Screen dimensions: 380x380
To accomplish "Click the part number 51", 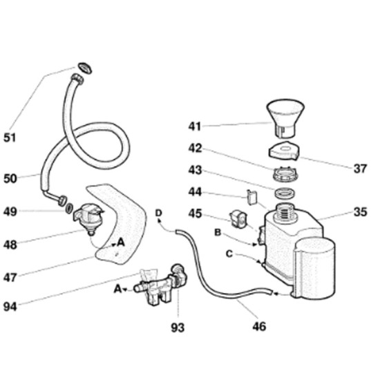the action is pos(10,138).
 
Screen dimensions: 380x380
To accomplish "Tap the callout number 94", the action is pos(10,306).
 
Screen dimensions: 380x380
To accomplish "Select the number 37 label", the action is pos(361,169).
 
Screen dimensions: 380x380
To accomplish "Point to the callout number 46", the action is pos(259,326).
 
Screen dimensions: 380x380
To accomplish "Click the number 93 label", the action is pos(178,327).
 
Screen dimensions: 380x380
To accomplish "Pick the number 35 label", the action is pos(361,212).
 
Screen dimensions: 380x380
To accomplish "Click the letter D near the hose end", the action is pos(158,213).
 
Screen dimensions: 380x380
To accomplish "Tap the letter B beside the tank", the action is pos(218,233).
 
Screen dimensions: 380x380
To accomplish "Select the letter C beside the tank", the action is pos(229,254).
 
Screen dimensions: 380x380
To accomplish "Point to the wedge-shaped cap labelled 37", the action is pos(284,151).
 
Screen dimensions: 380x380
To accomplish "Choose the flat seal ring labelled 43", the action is pos(285,193).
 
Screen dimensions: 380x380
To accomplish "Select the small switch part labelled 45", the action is pos(238,219).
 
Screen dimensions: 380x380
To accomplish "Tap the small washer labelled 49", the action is pos(69,209).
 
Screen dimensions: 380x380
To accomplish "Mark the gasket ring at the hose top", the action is pos(84,68).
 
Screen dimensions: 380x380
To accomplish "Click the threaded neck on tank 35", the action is pos(286,213).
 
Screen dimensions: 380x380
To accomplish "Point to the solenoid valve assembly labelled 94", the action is pos(160,285).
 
